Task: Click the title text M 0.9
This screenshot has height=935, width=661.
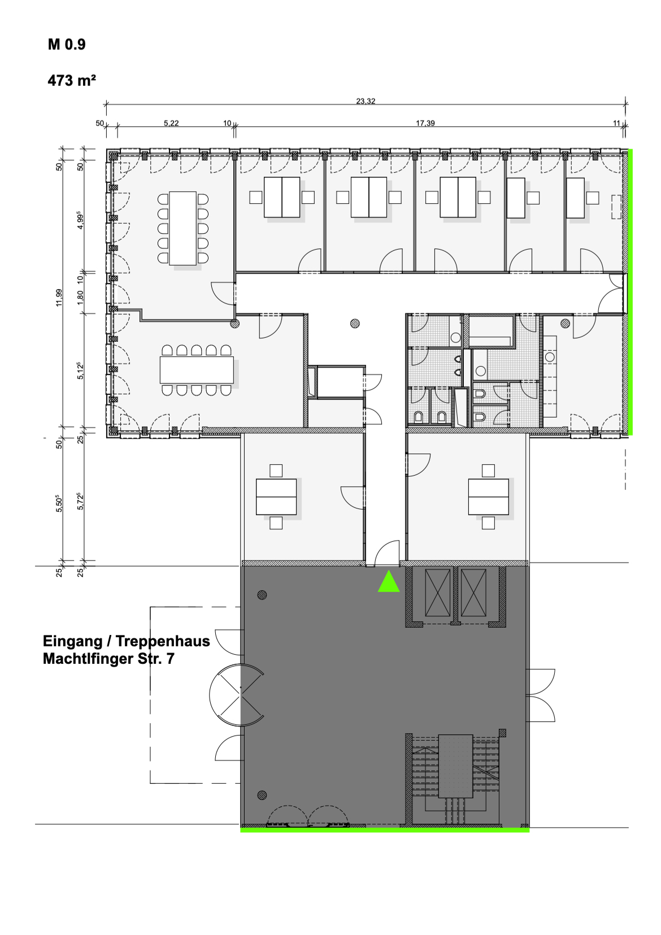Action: pos(67,44)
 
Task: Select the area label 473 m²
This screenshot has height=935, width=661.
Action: pos(72,80)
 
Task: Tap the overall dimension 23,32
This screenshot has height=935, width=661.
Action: pos(366,101)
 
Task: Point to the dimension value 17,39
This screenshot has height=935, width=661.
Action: pos(425,123)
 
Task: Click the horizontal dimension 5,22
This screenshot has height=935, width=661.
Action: pos(171,123)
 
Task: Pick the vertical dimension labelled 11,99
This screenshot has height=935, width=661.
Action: pos(59,297)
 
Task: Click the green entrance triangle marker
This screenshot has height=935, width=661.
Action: pos(389,581)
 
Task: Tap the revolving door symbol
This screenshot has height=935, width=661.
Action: pos(237,695)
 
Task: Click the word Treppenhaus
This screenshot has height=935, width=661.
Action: pos(163,641)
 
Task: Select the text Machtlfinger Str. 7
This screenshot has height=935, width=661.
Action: pos(108,659)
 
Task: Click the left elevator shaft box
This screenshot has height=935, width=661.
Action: pos(438,592)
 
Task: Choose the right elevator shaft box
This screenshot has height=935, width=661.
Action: pos(473,592)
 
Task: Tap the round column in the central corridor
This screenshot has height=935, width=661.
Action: pos(355,323)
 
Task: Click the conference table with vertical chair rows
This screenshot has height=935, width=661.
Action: pos(183,228)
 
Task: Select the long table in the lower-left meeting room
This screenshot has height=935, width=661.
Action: pos(197,370)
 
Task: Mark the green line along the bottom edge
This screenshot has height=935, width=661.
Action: pos(385,830)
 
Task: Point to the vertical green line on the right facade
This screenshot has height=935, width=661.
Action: pos(630,292)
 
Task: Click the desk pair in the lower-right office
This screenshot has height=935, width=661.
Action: pos(488,497)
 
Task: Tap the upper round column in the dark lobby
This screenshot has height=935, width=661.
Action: pos(262,595)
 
